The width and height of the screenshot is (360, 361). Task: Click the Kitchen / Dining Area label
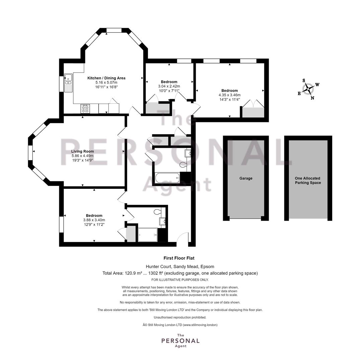106,78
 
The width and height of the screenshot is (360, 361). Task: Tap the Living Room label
83,151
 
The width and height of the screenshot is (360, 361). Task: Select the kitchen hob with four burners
85,109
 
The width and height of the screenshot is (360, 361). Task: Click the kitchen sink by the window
68,83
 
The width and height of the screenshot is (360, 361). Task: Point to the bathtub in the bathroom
167,178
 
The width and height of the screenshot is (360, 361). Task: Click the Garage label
246,178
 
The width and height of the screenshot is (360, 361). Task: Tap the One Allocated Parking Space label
308,180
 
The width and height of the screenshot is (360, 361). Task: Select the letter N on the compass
312,98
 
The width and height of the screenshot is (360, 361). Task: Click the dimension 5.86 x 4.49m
83,156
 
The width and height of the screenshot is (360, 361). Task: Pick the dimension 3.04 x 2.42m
169,86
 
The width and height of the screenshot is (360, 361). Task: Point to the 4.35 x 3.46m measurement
230,95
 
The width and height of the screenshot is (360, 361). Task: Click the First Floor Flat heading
179,258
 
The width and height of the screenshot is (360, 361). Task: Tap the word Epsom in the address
207,267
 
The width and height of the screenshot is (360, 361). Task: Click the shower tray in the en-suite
148,235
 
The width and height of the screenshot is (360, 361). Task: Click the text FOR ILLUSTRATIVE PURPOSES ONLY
180,280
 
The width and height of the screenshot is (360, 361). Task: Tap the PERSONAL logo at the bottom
180,341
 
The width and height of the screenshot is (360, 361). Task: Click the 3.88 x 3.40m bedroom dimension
94,220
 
